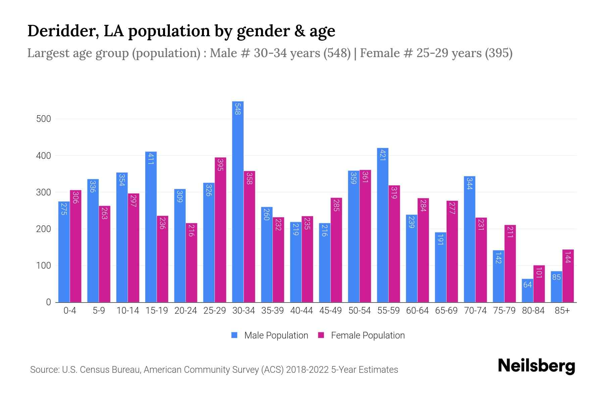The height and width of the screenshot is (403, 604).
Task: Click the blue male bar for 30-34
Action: (238, 201)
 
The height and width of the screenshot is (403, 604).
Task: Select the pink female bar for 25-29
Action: (220, 230)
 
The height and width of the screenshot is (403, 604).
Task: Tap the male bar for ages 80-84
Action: (527, 290)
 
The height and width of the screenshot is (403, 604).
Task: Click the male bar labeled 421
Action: (383, 225)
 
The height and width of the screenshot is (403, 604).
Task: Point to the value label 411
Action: (150, 159)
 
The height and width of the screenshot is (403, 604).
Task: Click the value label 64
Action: (527, 285)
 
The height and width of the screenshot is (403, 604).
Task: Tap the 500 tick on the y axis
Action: (44, 119)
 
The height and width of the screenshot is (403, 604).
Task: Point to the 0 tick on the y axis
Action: (48, 302)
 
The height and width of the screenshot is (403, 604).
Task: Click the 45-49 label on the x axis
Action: (331, 311)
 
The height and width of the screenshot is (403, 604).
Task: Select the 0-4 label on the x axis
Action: (70, 311)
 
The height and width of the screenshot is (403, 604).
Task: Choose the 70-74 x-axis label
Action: (475, 311)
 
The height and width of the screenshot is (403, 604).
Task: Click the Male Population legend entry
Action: (276, 335)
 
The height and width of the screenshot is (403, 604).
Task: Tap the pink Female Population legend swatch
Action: (321, 335)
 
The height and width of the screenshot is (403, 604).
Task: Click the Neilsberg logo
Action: (536, 366)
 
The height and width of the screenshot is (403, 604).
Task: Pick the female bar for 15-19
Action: (162, 259)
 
